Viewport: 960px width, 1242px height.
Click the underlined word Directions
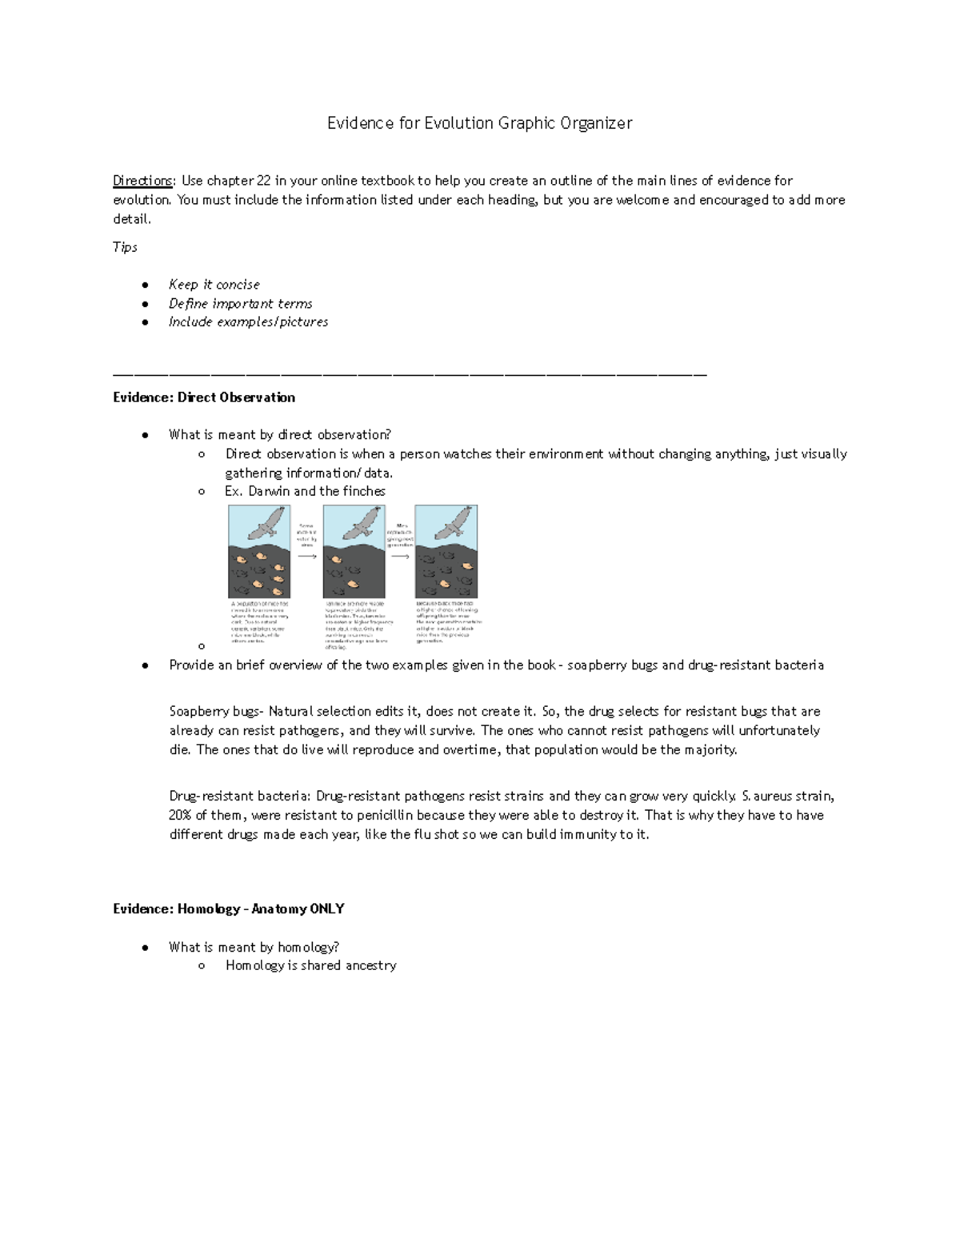[x=142, y=181]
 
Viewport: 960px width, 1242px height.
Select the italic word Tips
[x=125, y=247]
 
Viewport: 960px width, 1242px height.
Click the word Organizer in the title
[x=595, y=123]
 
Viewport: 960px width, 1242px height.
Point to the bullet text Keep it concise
[x=214, y=285]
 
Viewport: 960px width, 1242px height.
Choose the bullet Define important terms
[x=240, y=304]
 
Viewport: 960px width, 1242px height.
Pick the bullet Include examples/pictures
[x=248, y=322]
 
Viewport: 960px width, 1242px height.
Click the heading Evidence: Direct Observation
[x=204, y=397]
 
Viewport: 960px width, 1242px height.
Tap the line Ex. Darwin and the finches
[x=305, y=491]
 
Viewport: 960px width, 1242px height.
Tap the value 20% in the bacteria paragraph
[x=180, y=816]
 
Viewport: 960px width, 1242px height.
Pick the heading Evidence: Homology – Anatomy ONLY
[x=229, y=909]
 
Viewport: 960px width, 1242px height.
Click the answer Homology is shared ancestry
[x=310, y=966]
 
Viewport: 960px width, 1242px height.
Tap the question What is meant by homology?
[x=254, y=948]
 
